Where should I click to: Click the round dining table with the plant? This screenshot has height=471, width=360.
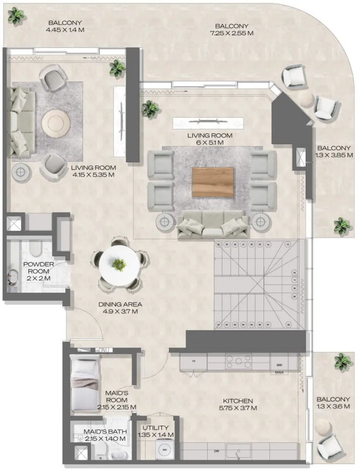pos(119,265)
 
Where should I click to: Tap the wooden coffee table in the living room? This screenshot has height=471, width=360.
pos(213,182)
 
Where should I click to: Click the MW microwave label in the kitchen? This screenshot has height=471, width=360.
pos(280,365)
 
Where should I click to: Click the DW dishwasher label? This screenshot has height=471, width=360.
pos(216,450)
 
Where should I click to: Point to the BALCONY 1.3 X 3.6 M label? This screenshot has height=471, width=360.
pos(333,403)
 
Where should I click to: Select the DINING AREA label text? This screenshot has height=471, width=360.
pos(120,307)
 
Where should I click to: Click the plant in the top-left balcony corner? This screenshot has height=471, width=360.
pos(16,16)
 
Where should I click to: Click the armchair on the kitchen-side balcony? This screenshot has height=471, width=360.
pos(328,446)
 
